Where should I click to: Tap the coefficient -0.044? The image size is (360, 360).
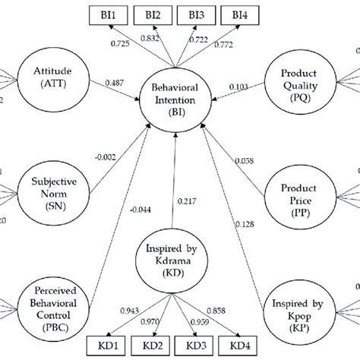(x=140, y=210)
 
